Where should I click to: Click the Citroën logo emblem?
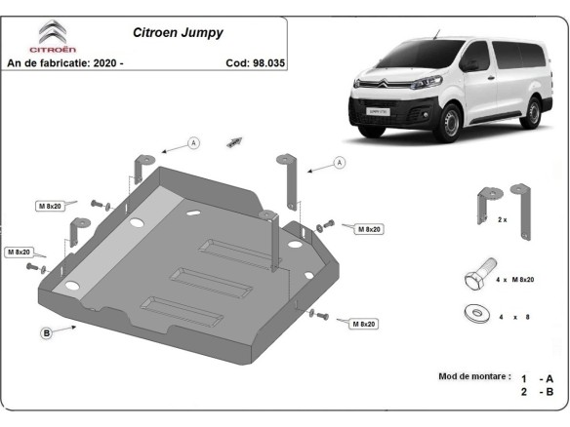(50, 33)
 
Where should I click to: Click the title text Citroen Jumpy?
(178, 32)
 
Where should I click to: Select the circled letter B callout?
(46, 333)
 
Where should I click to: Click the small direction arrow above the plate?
(234, 141)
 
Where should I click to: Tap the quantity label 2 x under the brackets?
(503, 220)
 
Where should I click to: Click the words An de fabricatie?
(46, 62)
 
